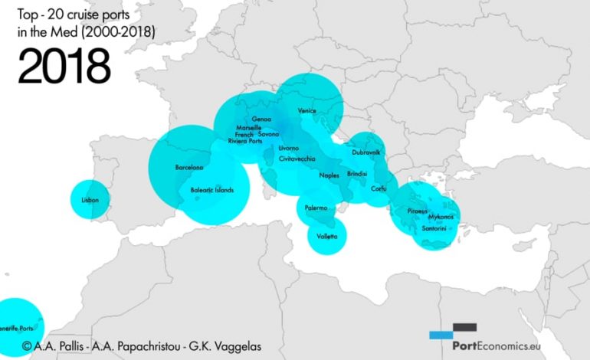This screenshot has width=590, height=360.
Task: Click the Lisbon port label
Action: tap(90, 201)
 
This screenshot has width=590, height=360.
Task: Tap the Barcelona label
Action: tap(188, 167)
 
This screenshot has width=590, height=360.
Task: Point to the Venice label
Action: tap(306, 111)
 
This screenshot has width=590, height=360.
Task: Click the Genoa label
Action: tap(261, 119)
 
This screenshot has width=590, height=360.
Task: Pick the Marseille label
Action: tap(250, 127)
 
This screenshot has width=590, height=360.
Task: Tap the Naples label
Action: tap(329, 175)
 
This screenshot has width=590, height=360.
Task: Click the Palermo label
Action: tap(316, 208)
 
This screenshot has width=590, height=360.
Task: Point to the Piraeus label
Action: tap(418, 210)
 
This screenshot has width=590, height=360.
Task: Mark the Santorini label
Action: tap(434, 227)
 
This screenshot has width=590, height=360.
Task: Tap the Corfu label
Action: tap(379, 188)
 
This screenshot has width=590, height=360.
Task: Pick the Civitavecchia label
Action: tap(297, 159)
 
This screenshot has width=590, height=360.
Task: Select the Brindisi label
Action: tap(358, 174)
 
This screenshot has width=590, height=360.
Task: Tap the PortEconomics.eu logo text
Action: tap(506, 345)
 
